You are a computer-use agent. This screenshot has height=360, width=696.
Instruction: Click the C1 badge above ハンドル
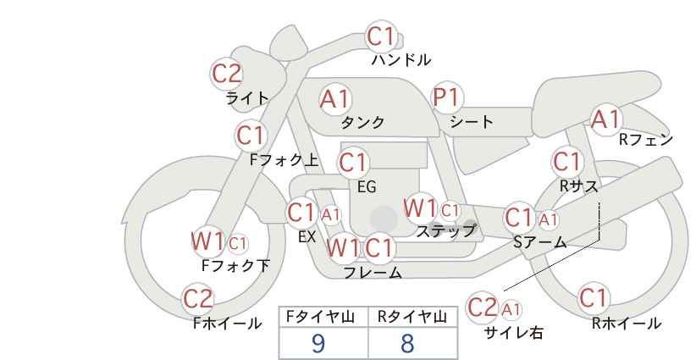point(381,37)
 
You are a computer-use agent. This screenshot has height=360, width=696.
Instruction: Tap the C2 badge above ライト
point(227,74)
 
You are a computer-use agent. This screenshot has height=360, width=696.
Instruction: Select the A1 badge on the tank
point(334,99)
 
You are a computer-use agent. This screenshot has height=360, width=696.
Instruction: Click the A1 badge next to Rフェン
point(605,119)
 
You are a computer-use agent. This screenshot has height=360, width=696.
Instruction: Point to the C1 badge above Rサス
point(567,161)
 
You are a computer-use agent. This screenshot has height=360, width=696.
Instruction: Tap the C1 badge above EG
point(353,163)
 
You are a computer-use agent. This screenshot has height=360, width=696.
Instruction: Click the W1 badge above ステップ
point(420,208)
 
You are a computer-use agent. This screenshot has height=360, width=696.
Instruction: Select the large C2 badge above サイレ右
point(483,307)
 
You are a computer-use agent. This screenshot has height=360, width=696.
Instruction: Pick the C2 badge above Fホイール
point(199,299)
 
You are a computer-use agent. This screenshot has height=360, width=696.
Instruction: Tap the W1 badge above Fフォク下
point(207,241)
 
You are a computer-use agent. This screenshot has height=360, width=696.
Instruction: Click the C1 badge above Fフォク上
point(251,135)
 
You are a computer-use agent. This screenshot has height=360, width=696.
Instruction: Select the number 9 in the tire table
point(318,342)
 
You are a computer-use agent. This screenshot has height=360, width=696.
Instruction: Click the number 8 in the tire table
point(407,342)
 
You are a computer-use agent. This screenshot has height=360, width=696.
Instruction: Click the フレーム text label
point(373,273)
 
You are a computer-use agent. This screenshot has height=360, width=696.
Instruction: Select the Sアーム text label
point(539,242)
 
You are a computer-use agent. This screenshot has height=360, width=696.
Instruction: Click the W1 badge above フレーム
point(343,248)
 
